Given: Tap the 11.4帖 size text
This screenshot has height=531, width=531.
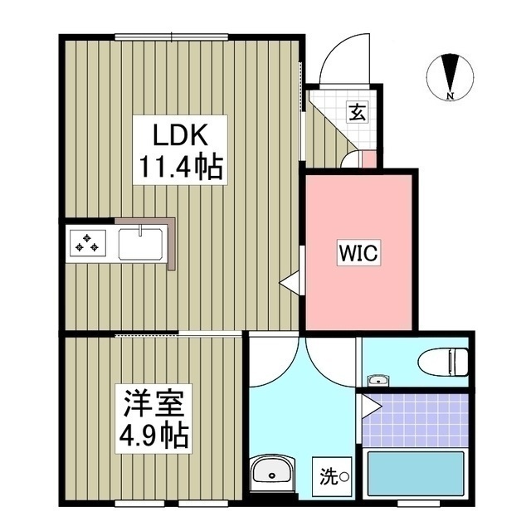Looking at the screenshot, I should coord(177,168).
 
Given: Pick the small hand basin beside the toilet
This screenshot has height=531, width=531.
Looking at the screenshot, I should coord(378,380).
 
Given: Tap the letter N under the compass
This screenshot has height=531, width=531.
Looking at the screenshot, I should coord(450,96).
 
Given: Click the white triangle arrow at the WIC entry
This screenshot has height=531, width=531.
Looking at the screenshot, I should coord(290,283).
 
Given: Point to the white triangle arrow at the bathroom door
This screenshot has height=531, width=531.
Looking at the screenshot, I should coord(370,407).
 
